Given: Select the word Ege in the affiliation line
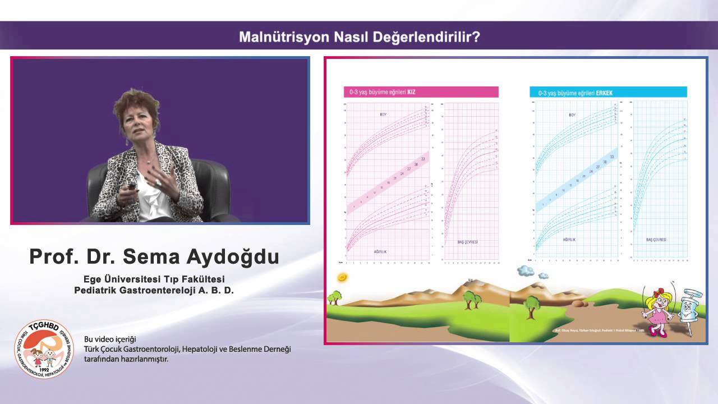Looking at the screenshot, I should (x=93, y=279).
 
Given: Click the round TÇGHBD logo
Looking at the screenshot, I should (x=44, y=349).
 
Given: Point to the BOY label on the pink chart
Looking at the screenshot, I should (x=384, y=114).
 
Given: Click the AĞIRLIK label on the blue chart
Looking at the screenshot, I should (x=569, y=240).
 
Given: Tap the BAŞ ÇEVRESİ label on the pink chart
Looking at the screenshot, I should (x=467, y=242).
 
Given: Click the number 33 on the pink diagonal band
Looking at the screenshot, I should (x=423, y=159).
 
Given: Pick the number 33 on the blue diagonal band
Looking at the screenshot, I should (x=612, y=157).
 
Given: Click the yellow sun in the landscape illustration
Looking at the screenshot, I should (x=342, y=277).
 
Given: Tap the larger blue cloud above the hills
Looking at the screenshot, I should (x=526, y=270).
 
